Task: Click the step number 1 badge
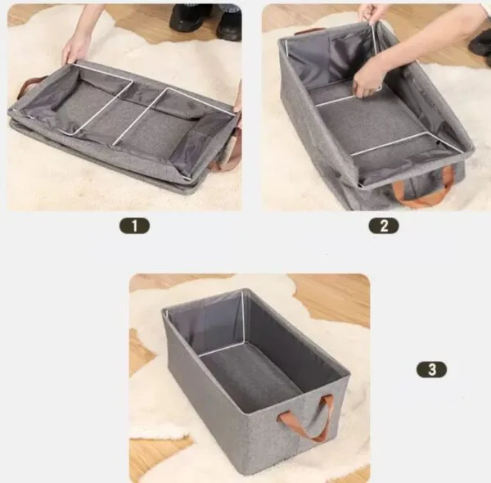tap(134, 226)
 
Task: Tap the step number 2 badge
tap(384, 226)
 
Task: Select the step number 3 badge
tap(431, 369)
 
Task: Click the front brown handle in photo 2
tap(423, 188)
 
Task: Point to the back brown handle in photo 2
tap(310, 31)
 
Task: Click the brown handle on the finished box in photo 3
tap(306, 419)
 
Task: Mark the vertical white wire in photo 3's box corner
tap(243, 317)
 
